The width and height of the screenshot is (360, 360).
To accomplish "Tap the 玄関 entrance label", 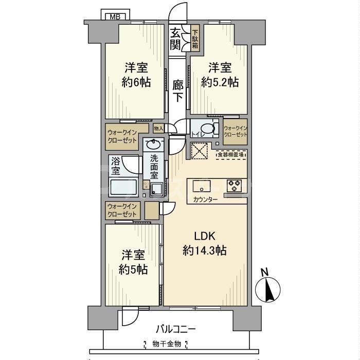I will (x=176, y=39).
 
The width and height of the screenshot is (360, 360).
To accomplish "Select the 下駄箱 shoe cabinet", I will (x=195, y=39).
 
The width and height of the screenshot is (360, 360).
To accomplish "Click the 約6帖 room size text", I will (x=137, y=82).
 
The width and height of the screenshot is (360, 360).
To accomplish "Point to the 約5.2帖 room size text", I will (x=220, y=82).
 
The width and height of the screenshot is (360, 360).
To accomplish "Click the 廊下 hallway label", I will (x=178, y=90).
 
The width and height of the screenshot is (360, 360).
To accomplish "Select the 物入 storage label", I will (x=158, y=128).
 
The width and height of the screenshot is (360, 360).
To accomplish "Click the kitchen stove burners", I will (x=235, y=185).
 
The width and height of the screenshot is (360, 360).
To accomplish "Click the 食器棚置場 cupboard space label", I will (x=230, y=154).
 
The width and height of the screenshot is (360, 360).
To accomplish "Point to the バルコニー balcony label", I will (x=176, y=329).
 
